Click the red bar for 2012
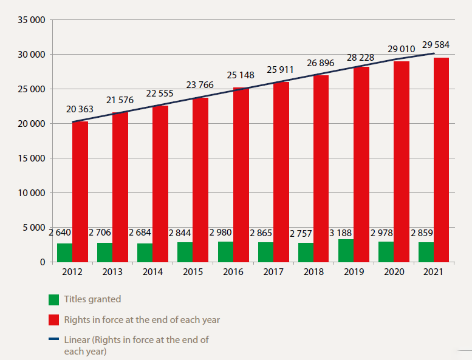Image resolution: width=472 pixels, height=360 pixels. click(x=80, y=192)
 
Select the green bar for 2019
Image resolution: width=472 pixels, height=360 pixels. click(x=346, y=251)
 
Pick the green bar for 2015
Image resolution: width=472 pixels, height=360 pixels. click(x=185, y=252)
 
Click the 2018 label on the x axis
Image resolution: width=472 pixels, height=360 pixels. click(x=313, y=273)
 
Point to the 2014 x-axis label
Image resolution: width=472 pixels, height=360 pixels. click(x=152, y=273)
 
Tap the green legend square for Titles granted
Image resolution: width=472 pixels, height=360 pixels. click(x=54, y=299)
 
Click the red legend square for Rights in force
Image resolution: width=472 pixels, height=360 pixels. click(x=54, y=319)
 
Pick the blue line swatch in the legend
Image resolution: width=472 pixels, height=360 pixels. click(x=54, y=339)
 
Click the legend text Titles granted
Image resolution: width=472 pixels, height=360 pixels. click(x=93, y=299)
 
